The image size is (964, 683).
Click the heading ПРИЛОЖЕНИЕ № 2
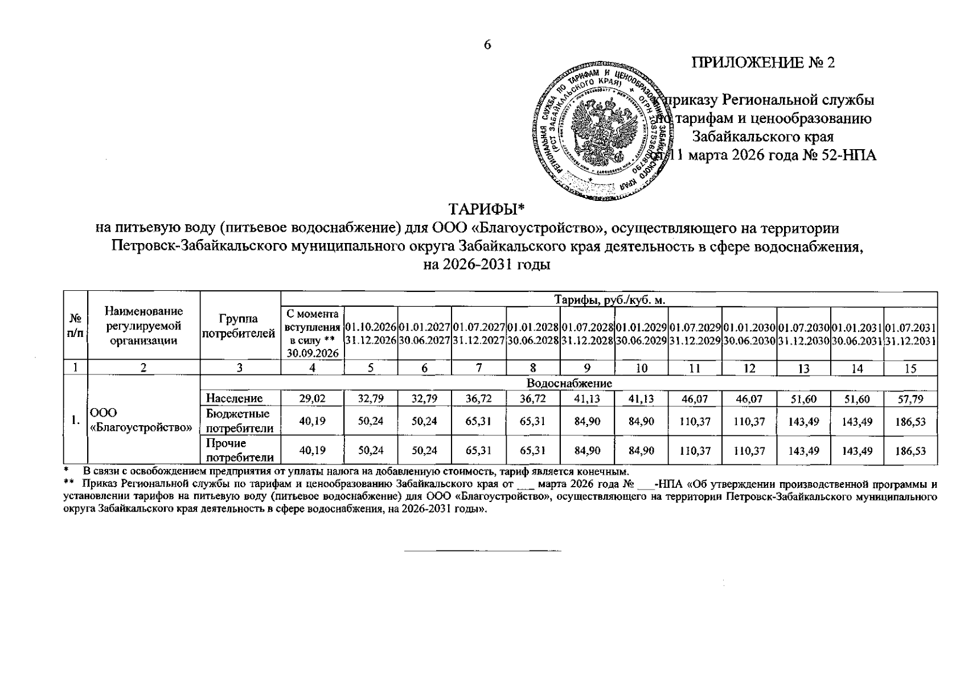[762, 63]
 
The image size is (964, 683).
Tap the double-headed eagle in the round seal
[604, 131]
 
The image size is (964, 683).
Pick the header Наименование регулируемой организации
[143, 326]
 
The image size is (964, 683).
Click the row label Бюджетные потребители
[239, 421]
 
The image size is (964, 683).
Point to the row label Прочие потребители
[239, 450]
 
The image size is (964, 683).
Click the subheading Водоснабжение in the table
[569, 384]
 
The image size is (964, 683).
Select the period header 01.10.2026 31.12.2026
[370, 334]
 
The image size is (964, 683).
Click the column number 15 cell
[910, 369]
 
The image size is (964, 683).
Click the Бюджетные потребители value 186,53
[910, 422]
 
